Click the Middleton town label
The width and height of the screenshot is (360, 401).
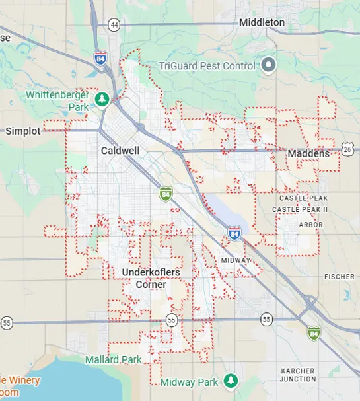(262, 22)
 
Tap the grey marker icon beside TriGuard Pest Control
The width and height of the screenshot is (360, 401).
(268, 65)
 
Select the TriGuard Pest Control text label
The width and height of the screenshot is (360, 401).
(207, 65)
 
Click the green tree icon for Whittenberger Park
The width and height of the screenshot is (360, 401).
(102, 99)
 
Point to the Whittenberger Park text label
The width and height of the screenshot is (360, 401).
(57, 100)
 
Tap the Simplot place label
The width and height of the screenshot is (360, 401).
(23, 131)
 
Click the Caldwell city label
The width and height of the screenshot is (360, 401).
(120, 151)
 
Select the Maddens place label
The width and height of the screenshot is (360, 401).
(308, 154)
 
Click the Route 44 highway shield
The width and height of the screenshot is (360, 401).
(115, 24)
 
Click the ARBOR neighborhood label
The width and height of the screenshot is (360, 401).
(310, 225)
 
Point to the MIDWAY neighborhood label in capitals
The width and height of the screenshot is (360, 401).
(236, 260)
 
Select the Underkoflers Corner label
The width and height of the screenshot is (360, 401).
(151, 278)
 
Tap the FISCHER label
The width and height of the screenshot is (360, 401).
(340, 277)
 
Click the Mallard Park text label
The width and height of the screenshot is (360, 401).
(114, 360)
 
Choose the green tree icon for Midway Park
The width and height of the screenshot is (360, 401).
(230, 381)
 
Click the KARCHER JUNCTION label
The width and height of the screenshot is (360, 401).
(298, 375)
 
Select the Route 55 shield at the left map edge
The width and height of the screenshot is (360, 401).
(7, 322)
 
